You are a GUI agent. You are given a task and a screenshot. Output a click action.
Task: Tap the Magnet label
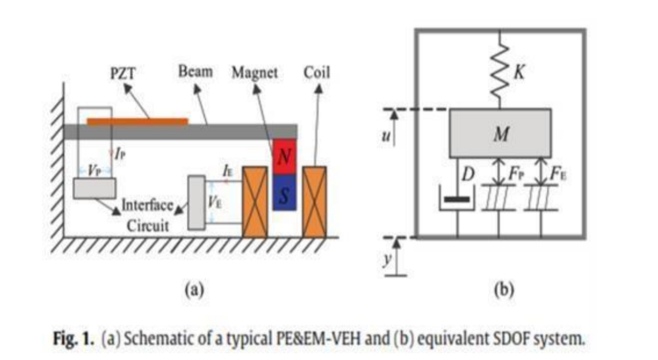click(253, 73)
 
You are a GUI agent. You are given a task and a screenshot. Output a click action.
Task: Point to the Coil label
click(317, 73)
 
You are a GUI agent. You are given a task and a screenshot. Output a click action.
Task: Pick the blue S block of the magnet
click(285, 192)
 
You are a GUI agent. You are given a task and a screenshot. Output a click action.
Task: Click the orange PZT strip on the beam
click(137, 121)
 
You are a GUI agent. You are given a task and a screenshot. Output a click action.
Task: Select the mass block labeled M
click(500, 133)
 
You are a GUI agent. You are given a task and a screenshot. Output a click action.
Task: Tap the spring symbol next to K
click(500, 66)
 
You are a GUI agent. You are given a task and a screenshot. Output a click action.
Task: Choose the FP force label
click(515, 176)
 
